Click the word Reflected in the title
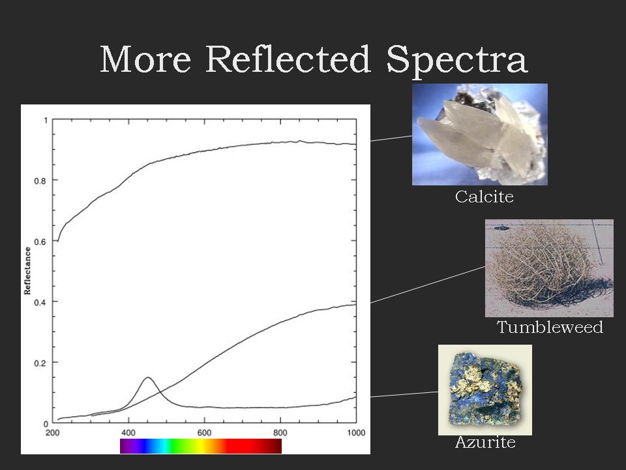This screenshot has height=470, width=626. tap(288, 59)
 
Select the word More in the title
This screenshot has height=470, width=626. tap(145, 59)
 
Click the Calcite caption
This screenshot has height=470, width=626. tap(484, 196)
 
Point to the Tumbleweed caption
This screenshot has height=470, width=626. tap(550, 327)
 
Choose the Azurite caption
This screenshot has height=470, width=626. tap(485, 442)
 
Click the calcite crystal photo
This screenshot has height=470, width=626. tap(479, 134)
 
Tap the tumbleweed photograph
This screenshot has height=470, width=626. tap(549, 268)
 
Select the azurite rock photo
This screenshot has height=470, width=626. tap(485, 390)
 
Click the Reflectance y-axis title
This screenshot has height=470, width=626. tap(27, 270)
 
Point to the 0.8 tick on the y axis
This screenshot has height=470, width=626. tap(40, 181)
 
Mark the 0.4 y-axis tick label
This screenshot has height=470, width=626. tap(40, 302)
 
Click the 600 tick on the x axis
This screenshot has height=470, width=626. tap(204, 432)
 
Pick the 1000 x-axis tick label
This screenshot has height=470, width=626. tap(356, 432)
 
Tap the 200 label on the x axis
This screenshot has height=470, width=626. tap(53, 432)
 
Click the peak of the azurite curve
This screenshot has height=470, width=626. tap(148, 377)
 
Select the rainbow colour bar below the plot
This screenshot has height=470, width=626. tap(201, 446)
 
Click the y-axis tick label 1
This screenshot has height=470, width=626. tap(46, 120)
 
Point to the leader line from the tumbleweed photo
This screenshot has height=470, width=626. tap(428, 285)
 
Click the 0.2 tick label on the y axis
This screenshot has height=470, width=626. tap(40, 363)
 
